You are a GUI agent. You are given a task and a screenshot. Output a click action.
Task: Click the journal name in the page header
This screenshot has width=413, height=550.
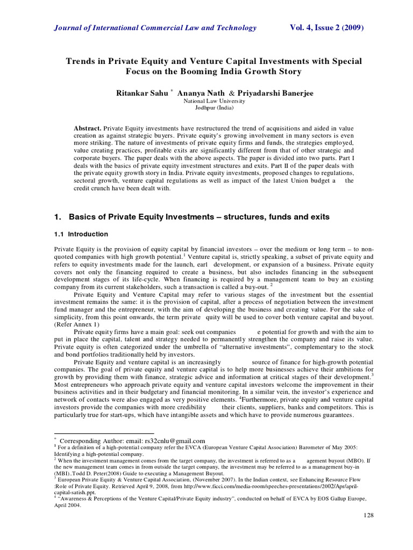pos(156,28)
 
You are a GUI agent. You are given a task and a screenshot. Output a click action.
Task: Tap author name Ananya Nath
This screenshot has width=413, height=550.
pos(200,93)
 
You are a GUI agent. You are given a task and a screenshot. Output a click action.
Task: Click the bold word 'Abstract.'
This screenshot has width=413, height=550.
pos(87,129)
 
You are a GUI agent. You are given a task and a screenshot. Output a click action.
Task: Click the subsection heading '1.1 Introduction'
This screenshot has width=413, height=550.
pos(81,234)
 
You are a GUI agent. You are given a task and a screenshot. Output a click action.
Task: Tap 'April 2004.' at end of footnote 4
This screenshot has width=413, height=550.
pos(69,505)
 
